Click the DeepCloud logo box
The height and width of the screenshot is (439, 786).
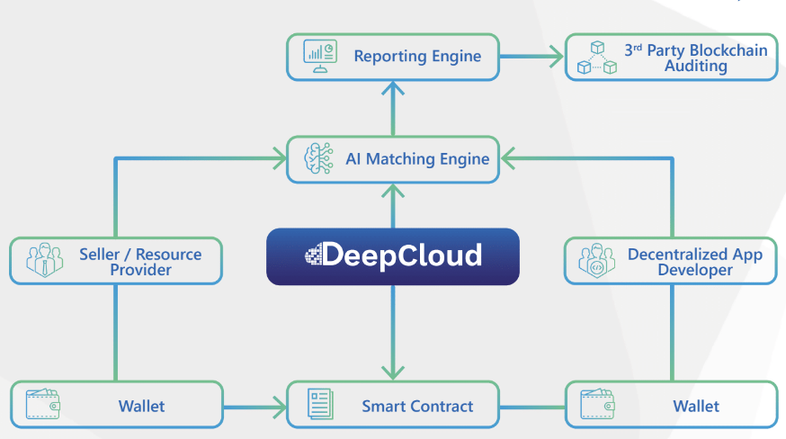(392, 256)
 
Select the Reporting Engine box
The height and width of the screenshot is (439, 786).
(392, 56)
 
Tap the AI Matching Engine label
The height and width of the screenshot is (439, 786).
(417, 159)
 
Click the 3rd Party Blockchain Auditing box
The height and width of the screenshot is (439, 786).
(671, 57)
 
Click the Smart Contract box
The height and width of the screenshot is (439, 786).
(392, 406)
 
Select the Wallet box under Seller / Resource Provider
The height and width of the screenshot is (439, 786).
(116, 406)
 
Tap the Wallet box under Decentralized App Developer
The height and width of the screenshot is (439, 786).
(671, 406)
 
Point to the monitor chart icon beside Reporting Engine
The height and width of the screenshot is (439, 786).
(319, 56)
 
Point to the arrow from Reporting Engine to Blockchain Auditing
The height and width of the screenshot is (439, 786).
(531, 57)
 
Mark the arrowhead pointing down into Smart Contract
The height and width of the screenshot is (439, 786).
(392, 372)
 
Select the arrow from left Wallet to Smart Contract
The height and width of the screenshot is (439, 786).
(255, 406)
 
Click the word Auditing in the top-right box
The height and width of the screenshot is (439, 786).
(695, 66)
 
